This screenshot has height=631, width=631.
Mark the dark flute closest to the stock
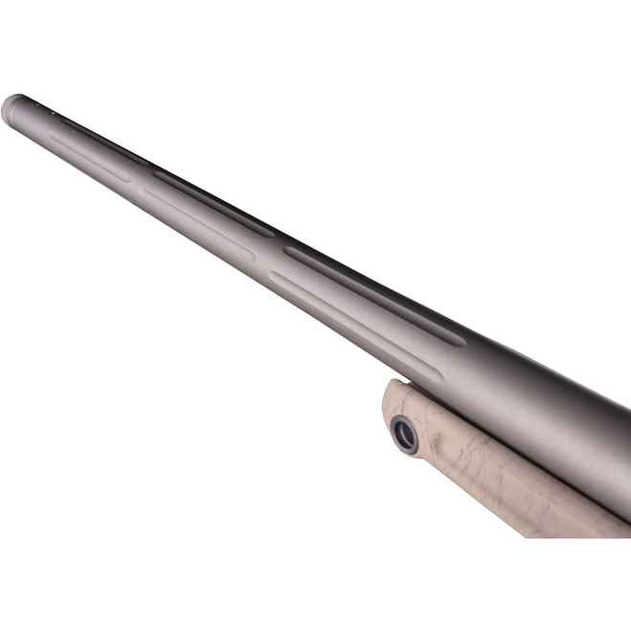tap(373, 293)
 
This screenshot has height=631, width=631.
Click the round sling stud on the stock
tap(404, 433)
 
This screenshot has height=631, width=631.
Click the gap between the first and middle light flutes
tap(136, 186)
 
